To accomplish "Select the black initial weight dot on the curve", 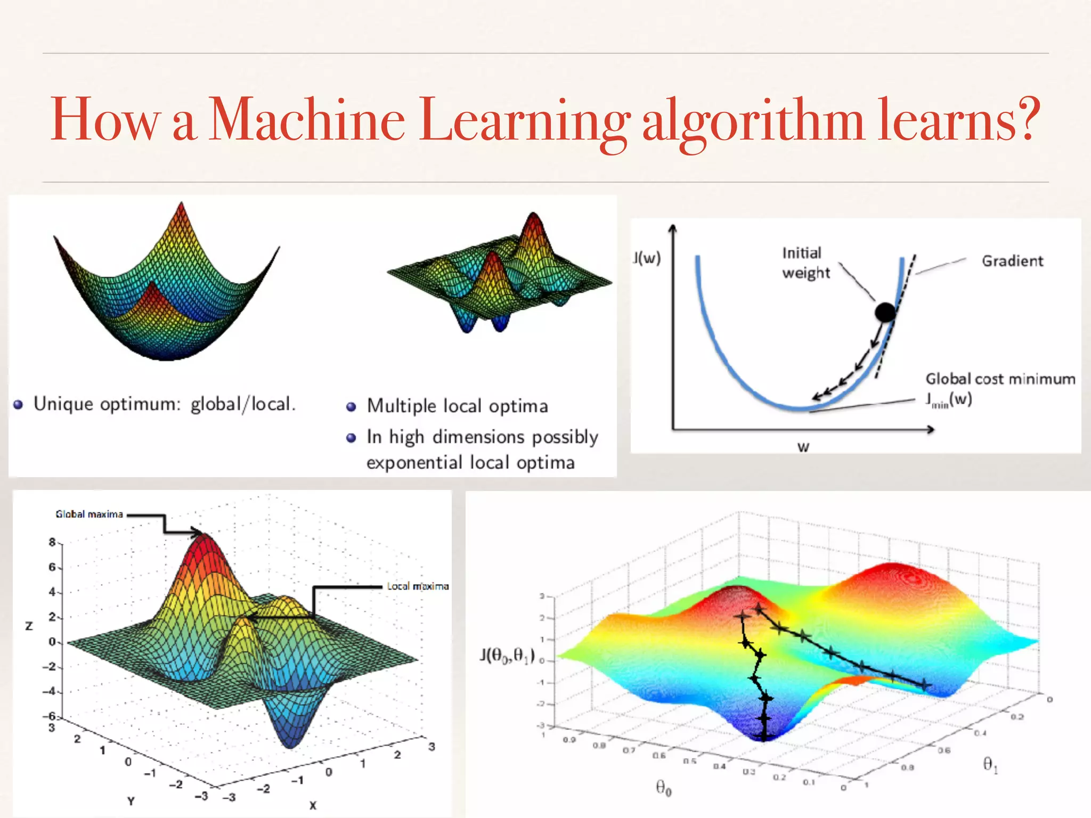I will point(885,312).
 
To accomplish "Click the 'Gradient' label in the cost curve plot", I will point(1012,261).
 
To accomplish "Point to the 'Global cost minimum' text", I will point(1000,379).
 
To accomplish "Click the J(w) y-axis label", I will point(647,258).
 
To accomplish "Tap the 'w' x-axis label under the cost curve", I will point(803,447).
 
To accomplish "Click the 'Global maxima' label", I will point(89,514).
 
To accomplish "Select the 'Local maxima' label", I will point(418,586).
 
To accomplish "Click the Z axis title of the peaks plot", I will point(29,626).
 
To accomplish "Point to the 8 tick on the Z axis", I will point(52,542).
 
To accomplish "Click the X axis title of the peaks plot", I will point(313,805).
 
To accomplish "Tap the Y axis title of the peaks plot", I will point(131,800).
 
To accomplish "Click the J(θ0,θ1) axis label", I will point(507,655).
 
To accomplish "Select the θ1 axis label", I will point(990,765).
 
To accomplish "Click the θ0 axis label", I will point(663,787).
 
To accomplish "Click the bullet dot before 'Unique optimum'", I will point(18,405).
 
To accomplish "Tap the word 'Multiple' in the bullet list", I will point(402,406).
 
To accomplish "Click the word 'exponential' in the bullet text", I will point(414,462).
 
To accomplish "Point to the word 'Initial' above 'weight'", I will point(801,253).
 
